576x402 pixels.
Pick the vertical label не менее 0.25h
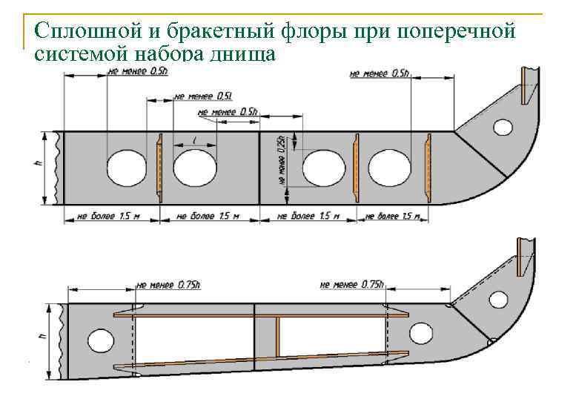pyautogui.click(x=282, y=165)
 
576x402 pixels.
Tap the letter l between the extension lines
pyautogui.click(x=194, y=139)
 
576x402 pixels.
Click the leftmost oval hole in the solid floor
pyautogui.click(x=126, y=167)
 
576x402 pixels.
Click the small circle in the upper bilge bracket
pyautogui.click(x=503, y=128)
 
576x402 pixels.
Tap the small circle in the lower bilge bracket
pyautogui.click(x=498, y=300)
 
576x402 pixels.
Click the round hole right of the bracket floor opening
pyautogui.click(x=420, y=334)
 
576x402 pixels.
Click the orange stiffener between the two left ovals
pyautogui.click(x=159, y=167)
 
